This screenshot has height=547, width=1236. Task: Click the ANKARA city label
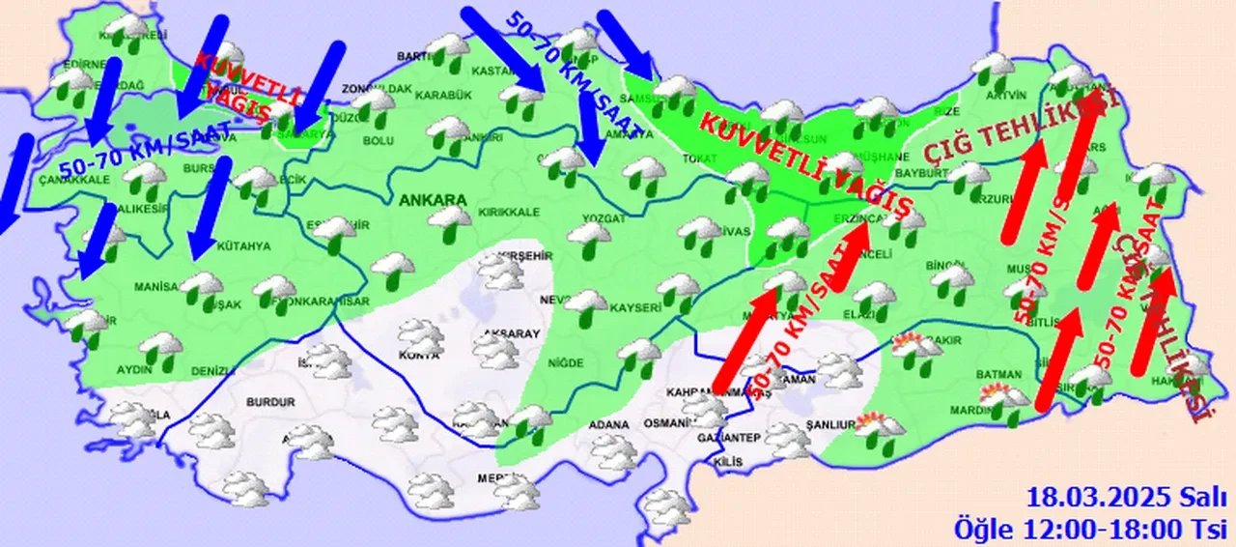432,200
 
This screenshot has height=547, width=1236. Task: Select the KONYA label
418,356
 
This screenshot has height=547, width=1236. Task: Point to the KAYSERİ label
633,308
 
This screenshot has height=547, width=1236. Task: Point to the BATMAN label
970,374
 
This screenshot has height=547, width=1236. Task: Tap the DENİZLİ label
213,371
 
